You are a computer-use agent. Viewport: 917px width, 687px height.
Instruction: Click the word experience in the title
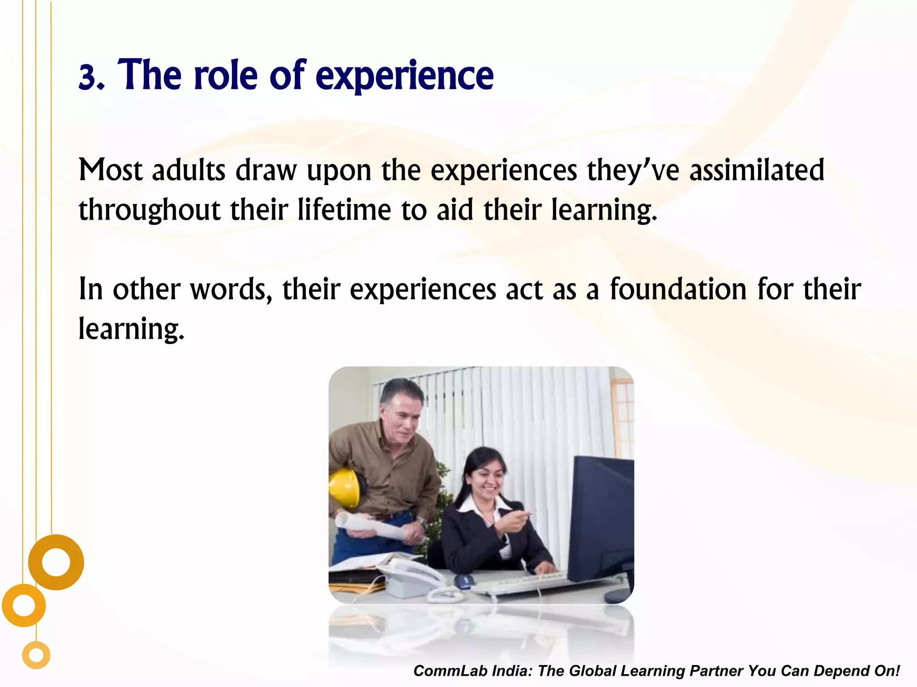click(x=404, y=76)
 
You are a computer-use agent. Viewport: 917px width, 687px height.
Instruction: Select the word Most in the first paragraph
click(x=110, y=170)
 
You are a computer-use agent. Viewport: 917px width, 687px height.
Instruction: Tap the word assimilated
click(x=756, y=170)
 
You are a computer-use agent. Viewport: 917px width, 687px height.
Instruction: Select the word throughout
click(x=150, y=210)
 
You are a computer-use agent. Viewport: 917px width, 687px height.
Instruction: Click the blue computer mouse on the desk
click(x=464, y=581)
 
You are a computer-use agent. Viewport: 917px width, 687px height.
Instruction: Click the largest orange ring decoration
click(x=56, y=562)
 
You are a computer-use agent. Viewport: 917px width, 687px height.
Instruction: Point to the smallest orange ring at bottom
click(x=36, y=655)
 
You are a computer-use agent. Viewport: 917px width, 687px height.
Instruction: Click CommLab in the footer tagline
click(x=450, y=671)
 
